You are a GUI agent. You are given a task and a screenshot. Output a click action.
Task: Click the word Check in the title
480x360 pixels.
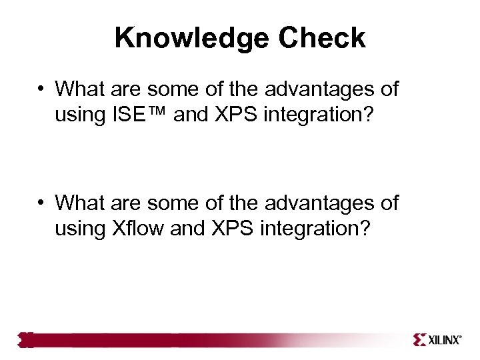click(x=322, y=38)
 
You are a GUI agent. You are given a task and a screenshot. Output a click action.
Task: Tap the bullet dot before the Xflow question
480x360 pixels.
click(x=41, y=203)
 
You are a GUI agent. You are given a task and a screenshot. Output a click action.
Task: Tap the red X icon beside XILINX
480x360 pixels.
click(x=419, y=340)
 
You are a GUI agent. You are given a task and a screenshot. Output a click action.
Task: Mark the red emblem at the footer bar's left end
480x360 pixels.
click(x=25, y=340)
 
